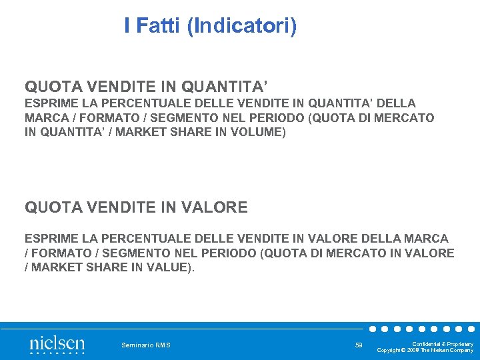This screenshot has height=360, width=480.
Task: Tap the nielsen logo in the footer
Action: pos(57,344)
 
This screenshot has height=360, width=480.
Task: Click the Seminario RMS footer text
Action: pos(146,345)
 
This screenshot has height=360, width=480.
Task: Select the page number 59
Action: pos(359,345)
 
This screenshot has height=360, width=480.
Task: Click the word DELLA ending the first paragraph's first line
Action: pos(397,103)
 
